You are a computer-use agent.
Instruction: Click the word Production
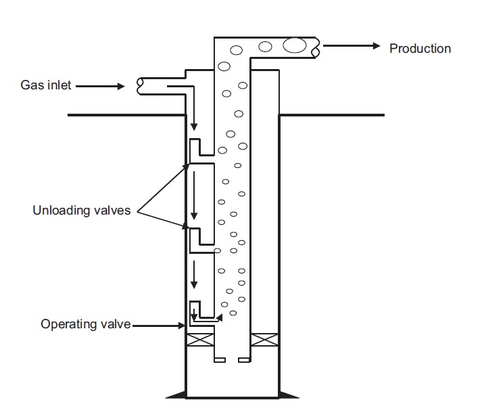[420, 48]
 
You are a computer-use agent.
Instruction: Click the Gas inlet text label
[45, 86]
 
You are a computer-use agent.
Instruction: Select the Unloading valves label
[82, 211]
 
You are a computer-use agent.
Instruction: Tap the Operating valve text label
[85, 324]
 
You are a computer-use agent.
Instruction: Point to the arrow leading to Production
[352, 46]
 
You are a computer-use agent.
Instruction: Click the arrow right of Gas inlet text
[101, 86]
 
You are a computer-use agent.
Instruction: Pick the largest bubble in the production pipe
[294, 46]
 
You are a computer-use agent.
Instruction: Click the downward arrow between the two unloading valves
[193, 196]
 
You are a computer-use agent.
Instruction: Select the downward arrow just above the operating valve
[193, 274]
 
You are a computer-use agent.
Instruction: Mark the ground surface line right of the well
[331, 115]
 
